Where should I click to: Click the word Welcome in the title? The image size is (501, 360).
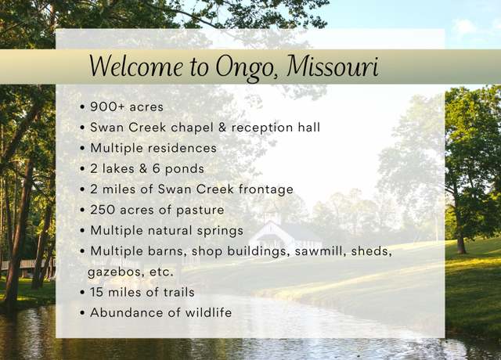pyautogui.click(x=135, y=66)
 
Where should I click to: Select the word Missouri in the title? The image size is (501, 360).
pyautogui.click(x=333, y=66)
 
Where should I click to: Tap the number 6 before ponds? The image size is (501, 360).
pyautogui.click(x=156, y=169)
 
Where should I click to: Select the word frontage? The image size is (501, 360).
pyautogui.click(x=266, y=189)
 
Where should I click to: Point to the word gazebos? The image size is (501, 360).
pyautogui.click(x=111, y=272)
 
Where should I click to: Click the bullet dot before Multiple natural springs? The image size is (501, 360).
pyautogui.click(x=83, y=231)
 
